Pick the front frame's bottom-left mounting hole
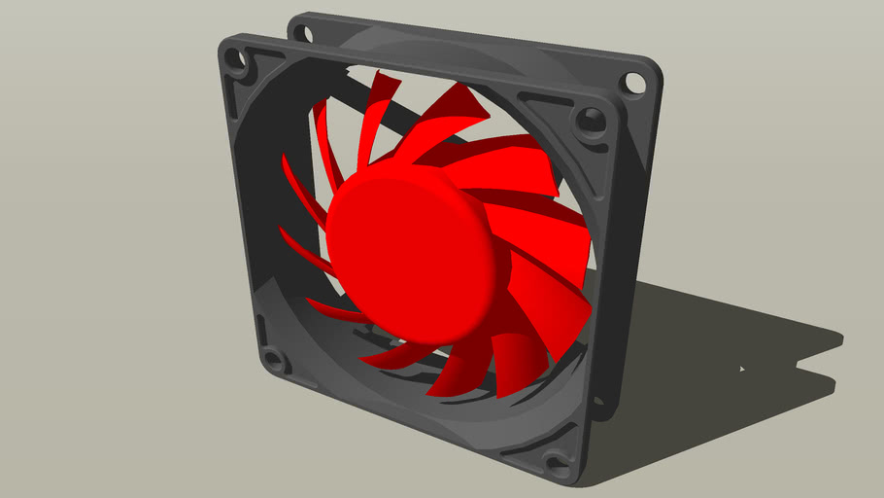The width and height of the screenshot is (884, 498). click(273, 362)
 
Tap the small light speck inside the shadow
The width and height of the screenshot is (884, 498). click(742, 370)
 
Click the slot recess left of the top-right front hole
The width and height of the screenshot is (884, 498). click(537, 101)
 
